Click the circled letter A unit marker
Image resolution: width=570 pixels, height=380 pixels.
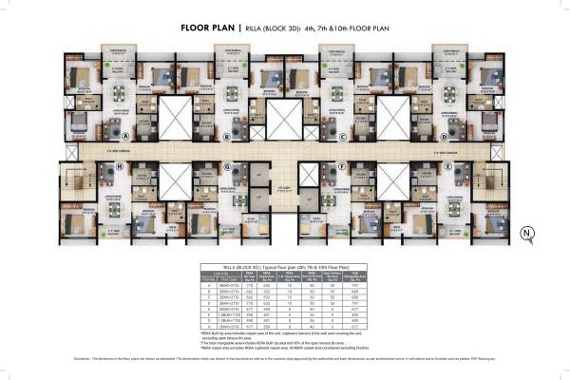point(99,137)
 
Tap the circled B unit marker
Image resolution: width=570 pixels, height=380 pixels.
point(226,137)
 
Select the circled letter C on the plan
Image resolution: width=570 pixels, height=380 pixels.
point(343,137)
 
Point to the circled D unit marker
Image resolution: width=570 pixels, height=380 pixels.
point(469,137)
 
